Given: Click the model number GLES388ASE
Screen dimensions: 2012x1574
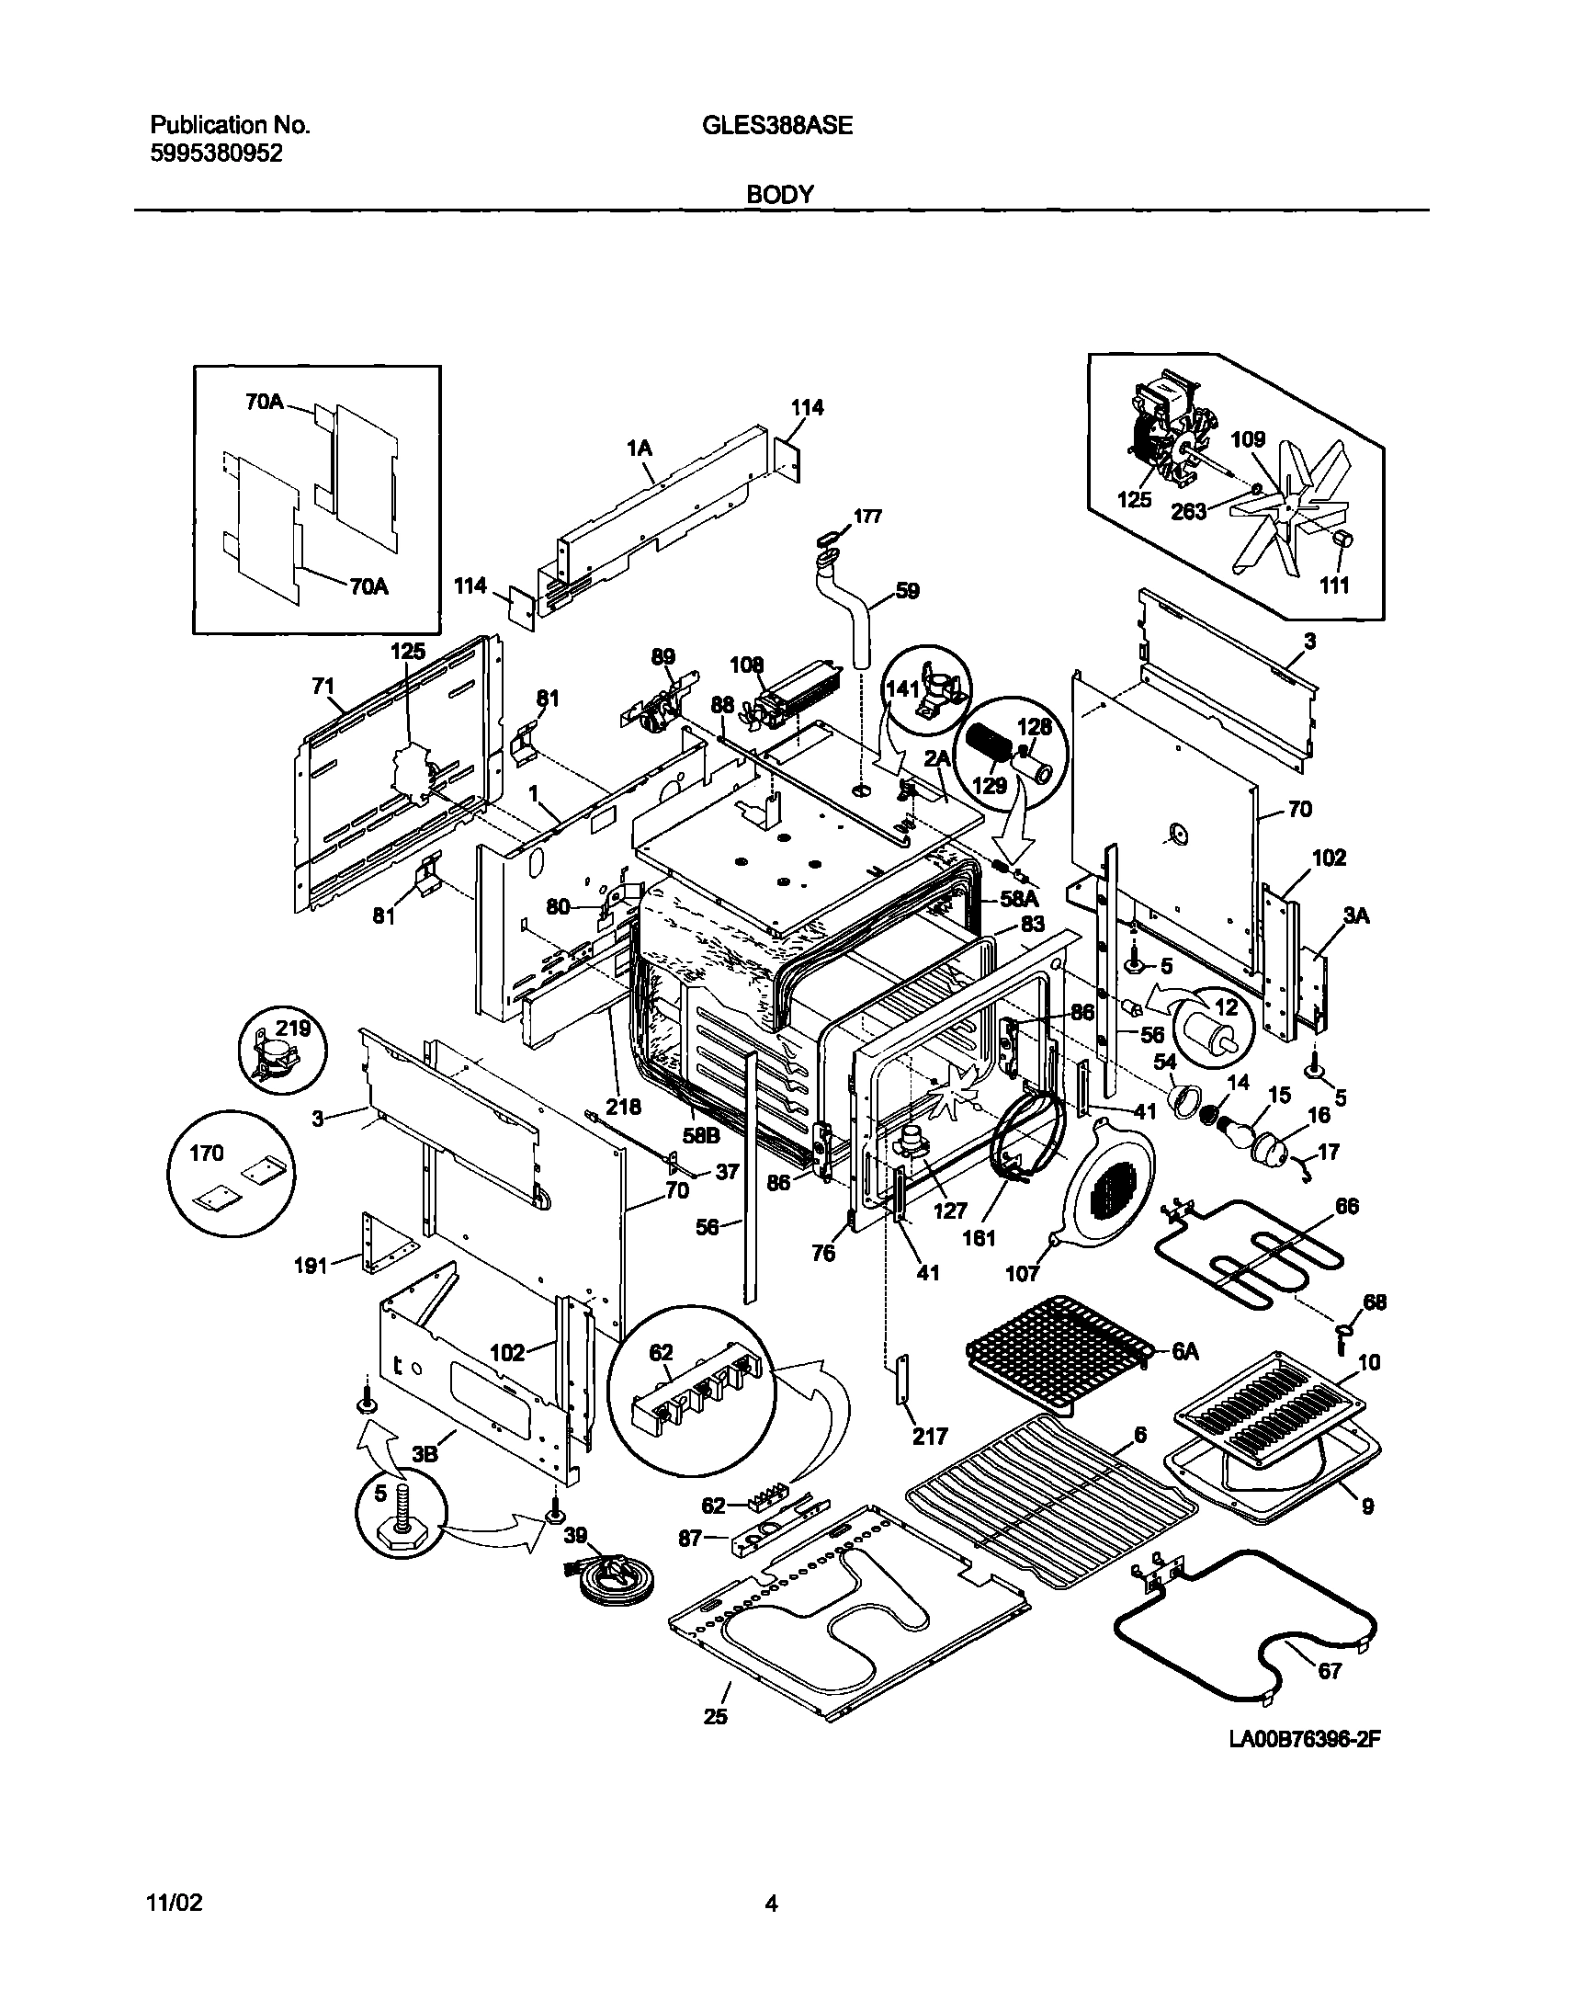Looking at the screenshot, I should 778,126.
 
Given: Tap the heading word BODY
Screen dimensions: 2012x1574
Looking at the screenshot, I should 779,195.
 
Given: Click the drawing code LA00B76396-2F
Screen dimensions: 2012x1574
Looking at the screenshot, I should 1305,1738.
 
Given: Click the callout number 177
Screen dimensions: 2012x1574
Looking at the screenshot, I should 867,517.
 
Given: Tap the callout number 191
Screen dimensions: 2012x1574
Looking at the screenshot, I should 311,1266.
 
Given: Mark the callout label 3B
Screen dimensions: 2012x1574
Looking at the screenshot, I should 425,1453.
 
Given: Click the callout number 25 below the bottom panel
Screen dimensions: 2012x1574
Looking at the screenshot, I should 715,1716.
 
